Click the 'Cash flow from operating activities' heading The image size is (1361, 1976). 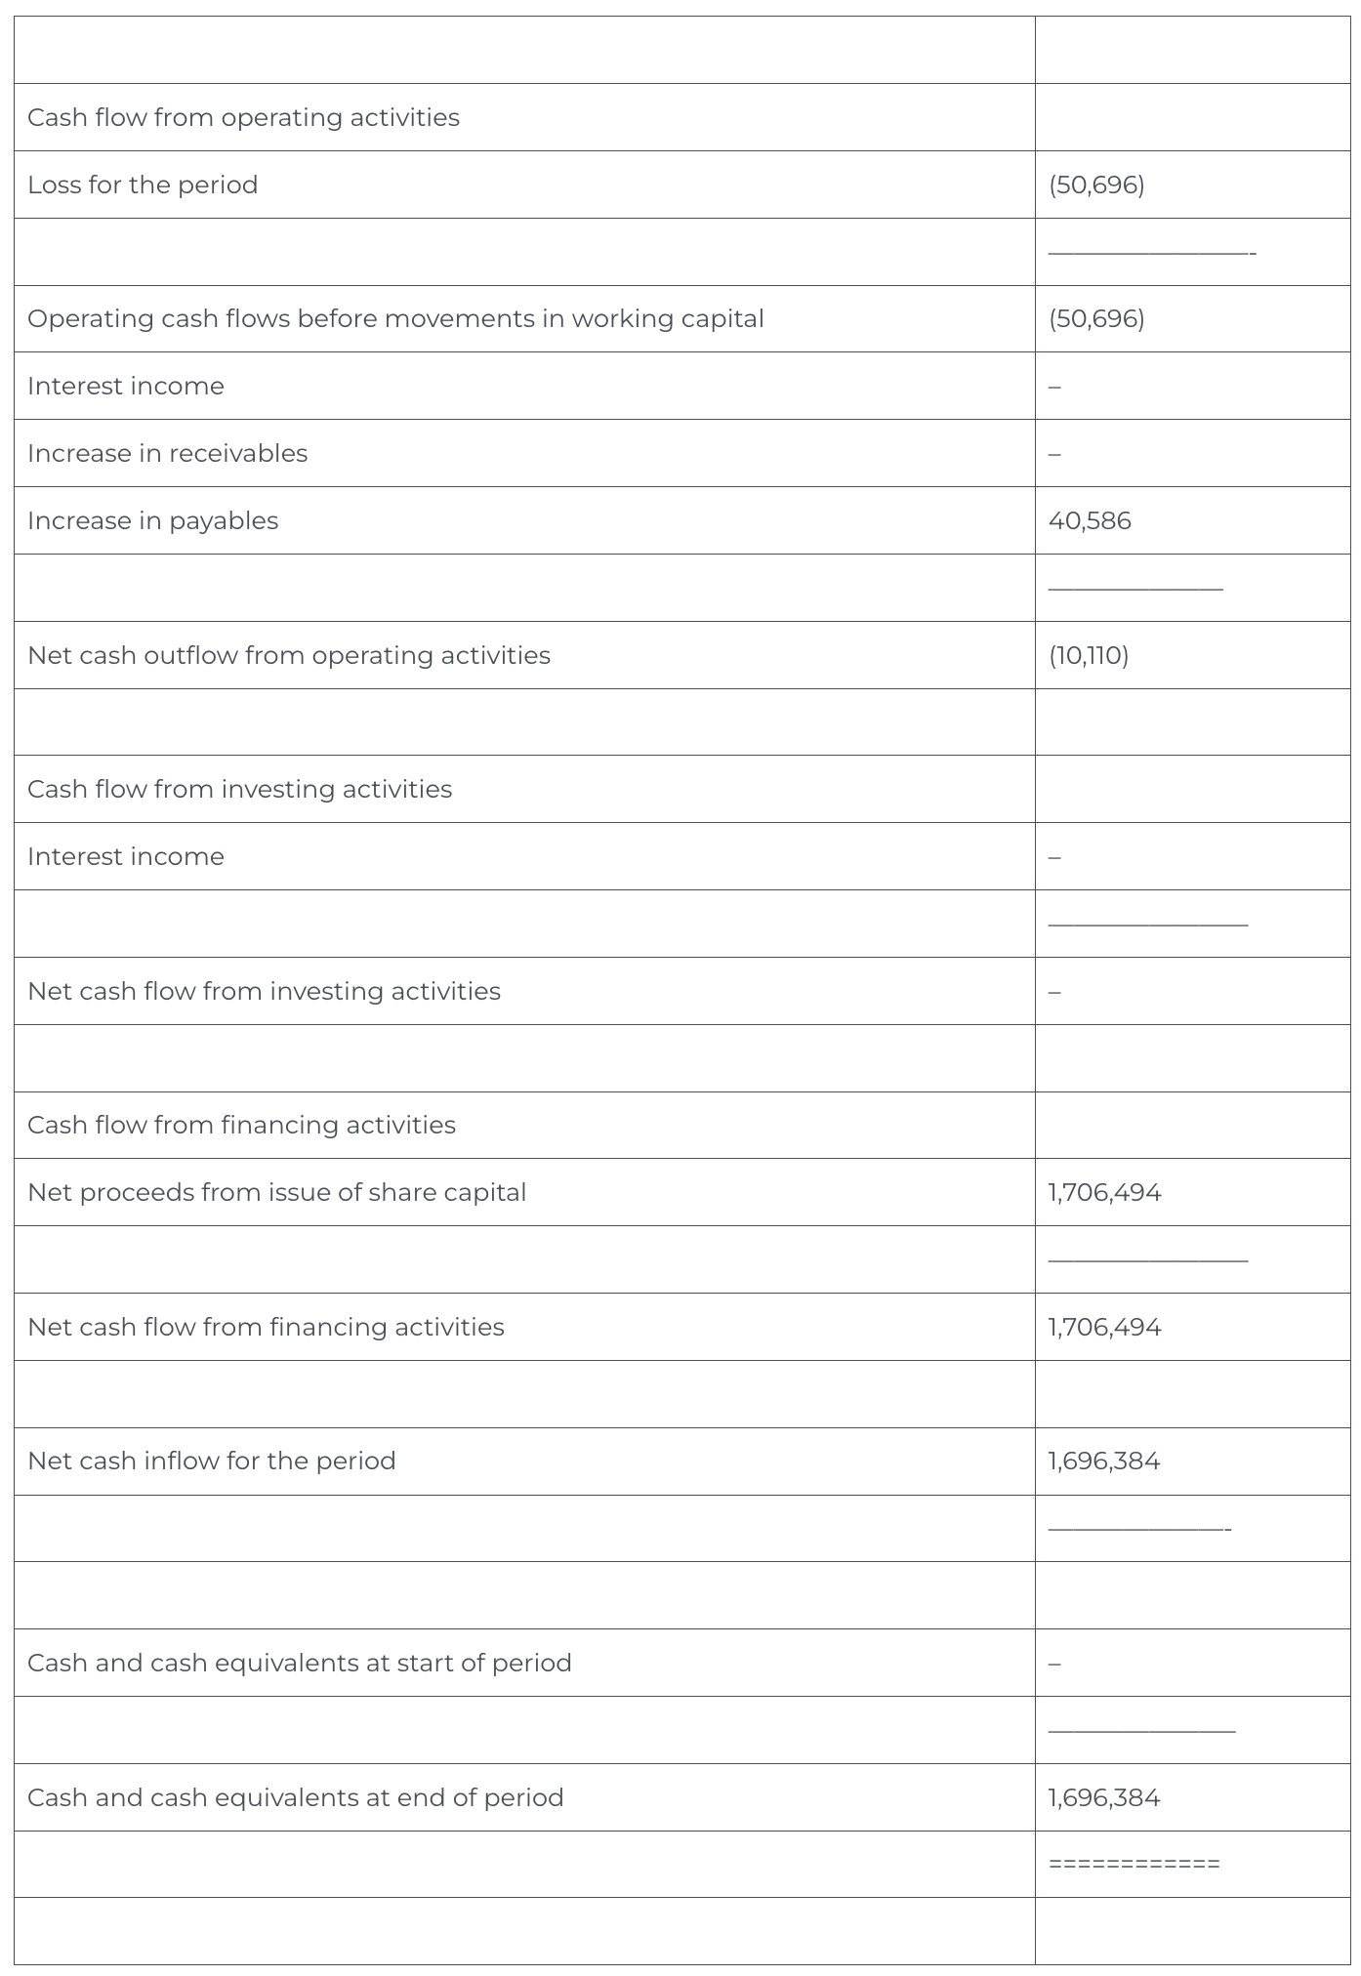pos(243,117)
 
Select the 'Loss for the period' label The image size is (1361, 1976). pos(143,185)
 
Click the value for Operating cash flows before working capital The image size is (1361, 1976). pos(1096,318)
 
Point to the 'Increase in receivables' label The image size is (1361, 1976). pos(167,453)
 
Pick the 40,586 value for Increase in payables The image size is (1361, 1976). pos(1090,520)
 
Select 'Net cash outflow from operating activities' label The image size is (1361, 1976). pos(288,655)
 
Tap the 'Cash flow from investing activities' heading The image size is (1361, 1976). pos(239,789)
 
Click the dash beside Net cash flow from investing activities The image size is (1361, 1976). pos(1054,992)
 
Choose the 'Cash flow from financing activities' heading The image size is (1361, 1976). pos(241,1125)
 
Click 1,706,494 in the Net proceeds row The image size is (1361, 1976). pos(1104,1192)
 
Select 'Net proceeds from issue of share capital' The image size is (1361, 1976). pos(276,1192)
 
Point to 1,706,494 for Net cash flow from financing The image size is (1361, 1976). pos(1104,1327)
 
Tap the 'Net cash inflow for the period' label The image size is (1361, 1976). pos(211,1461)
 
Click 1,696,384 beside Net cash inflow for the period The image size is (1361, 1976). pos(1104,1461)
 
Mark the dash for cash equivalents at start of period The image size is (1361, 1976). pos(1054,1664)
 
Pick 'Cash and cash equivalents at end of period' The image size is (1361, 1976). pos(295,1797)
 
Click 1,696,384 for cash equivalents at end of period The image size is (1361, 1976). pos(1104,1797)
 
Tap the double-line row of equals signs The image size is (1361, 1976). pos(1134,1864)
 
